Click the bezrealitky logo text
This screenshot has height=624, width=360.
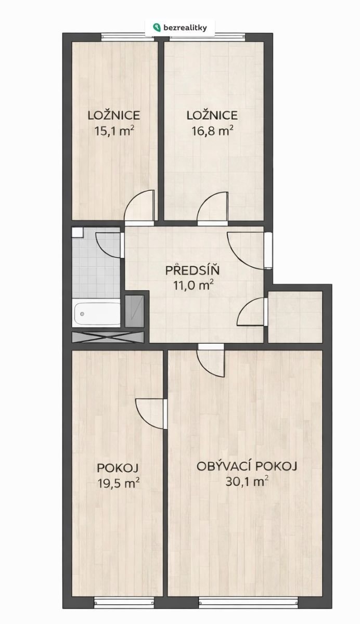(x=185, y=28)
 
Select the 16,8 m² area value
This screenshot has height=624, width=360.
(x=213, y=131)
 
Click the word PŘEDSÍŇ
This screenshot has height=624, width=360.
(x=192, y=270)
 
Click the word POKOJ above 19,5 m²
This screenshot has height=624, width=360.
(x=118, y=469)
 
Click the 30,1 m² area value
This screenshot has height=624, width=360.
(x=247, y=482)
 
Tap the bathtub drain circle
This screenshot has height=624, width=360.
(x=82, y=314)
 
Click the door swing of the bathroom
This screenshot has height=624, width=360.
(x=109, y=245)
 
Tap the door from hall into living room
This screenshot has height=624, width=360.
(x=211, y=360)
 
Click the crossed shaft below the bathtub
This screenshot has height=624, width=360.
(x=108, y=337)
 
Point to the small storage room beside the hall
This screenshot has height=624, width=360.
(x=295, y=317)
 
